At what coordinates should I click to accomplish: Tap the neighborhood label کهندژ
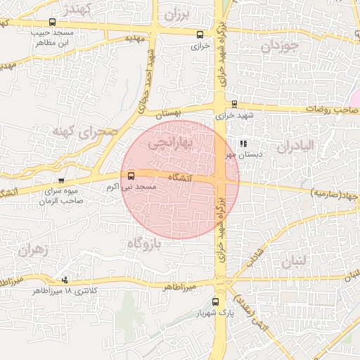coord(77,9)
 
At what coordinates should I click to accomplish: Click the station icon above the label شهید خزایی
coord(234,104)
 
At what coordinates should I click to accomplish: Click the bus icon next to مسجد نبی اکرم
coord(131,176)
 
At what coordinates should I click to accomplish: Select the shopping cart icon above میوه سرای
coord(62,181)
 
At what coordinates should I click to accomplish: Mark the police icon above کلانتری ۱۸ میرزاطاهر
coord(66,279)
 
